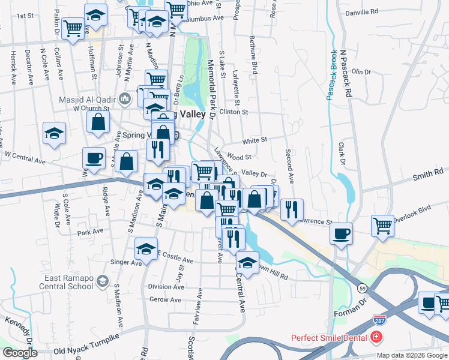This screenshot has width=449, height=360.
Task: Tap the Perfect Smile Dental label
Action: tap(330, 338)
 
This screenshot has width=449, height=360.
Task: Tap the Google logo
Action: tap(20, 353)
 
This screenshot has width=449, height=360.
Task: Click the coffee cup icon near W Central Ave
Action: tap(93, 158)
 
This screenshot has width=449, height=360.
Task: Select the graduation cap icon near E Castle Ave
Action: tap(146, 248)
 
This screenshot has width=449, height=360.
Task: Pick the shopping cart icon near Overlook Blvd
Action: tap(382, 226)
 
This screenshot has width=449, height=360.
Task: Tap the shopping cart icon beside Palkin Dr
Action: tap(73, 28)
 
